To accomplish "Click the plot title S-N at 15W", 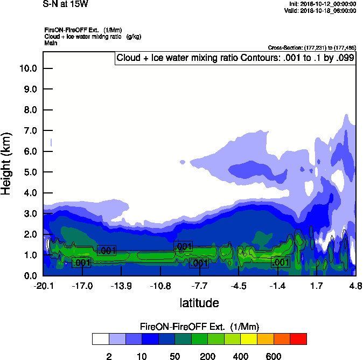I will pos(66,4).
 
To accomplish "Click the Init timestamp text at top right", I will pos(322,4).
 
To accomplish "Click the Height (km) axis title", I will pos(7,163).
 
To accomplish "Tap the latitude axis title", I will pos(199,303).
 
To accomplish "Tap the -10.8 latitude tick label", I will pos(160,287).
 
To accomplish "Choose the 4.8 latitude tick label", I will pos(355,287).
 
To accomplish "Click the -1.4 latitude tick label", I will pos(277,287).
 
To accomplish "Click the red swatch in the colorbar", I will pos(298,338).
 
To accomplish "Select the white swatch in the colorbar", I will pos(100,338).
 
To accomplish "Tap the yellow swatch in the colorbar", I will pos(249,338).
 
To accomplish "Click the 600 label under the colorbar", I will pos(274,356).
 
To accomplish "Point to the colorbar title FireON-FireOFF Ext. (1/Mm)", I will pos(199,327).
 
